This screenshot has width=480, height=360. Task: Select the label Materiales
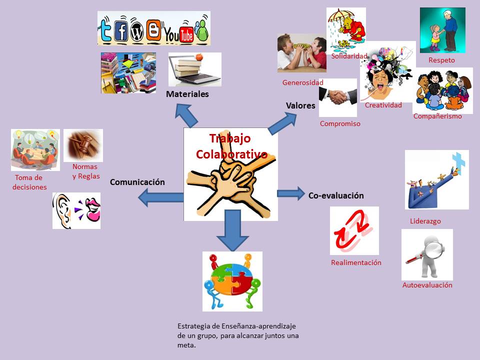(187, 94)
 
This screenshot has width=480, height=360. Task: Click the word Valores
(300, 105)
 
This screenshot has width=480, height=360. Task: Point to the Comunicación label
(137, 182)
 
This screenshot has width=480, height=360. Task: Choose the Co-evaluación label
(336, 196)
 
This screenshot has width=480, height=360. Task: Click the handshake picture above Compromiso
(338, 97)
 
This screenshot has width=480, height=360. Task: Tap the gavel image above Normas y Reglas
(83, 145)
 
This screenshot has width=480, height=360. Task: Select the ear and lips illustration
(76, 210)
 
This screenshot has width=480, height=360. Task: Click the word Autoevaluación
(427, 285)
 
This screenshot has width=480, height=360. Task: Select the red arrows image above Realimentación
(354, 230)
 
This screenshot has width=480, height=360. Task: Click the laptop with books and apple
(194, 69)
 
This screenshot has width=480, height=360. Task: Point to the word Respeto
(442, 60)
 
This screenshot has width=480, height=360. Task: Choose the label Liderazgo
(425, 221)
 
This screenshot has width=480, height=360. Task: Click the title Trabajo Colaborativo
(231, 146)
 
